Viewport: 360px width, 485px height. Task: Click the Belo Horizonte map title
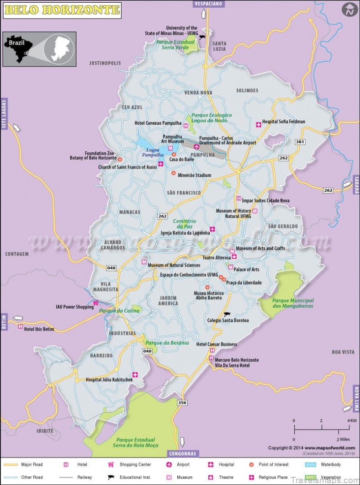tap(62, 10)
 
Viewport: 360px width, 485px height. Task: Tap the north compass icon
tap(350, 10)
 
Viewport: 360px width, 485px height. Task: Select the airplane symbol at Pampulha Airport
tap(196, 147)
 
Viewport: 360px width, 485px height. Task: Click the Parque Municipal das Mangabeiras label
tap(293, 303)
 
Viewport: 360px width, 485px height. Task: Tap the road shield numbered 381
tap(300, 142)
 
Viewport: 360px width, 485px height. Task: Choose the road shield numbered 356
tap(182, 402)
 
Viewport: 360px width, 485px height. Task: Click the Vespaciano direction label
tap(208, 4)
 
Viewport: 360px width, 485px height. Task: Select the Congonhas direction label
tap(182, 454)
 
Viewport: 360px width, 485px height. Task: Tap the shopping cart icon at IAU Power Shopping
tap(96, 303)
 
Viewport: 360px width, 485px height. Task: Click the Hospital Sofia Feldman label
tap(283, 122)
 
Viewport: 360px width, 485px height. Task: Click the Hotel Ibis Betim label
tap(39, 328)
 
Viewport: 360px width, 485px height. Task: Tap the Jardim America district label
tap(168, 300)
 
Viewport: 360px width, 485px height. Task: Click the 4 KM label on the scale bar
tap(352, 421)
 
